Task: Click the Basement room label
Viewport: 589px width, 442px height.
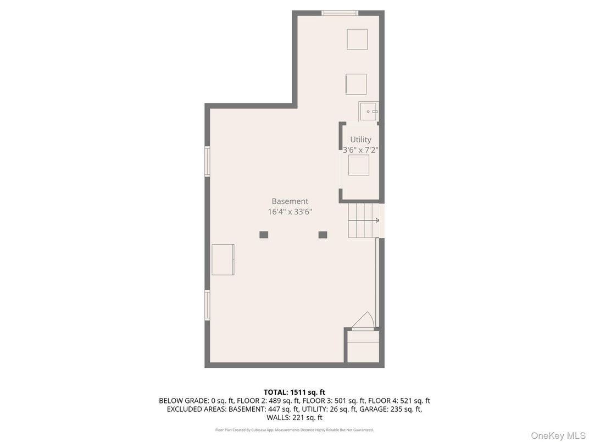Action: pos(290,201)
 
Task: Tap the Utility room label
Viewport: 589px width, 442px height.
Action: pos(360,140)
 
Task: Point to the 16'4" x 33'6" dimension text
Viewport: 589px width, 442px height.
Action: pos(290,212)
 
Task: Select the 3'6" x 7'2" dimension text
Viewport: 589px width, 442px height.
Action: pos(360,150)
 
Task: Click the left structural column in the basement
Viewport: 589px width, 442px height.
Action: pos(264,235)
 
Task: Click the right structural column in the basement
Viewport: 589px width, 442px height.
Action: pos(323,235)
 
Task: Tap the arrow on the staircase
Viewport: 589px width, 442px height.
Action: pos(377,220)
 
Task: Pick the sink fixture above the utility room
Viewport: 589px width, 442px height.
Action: pos(368,112)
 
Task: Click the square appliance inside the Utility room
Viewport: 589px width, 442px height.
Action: pos(359,165)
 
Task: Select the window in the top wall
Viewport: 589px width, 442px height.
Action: pos(340,13)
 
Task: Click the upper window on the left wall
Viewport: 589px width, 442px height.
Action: pos(207,161)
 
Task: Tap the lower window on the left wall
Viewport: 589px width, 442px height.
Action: pos(207,305)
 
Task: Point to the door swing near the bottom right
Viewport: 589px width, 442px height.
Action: pos(363,321)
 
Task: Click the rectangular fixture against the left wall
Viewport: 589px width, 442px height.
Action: pos(223,259)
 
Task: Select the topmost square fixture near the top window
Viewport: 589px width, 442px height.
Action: pos(357,39)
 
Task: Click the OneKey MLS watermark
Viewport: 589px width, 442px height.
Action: pos(558,435)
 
